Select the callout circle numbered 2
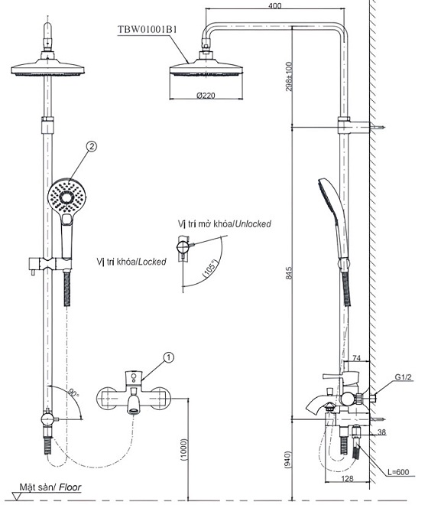[x=92, y=145]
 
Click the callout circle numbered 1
[x=170, y=356]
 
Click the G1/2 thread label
[x=404, y=377]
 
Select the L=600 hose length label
[x=398, y=472]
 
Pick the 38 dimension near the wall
[x=404, y=432]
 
